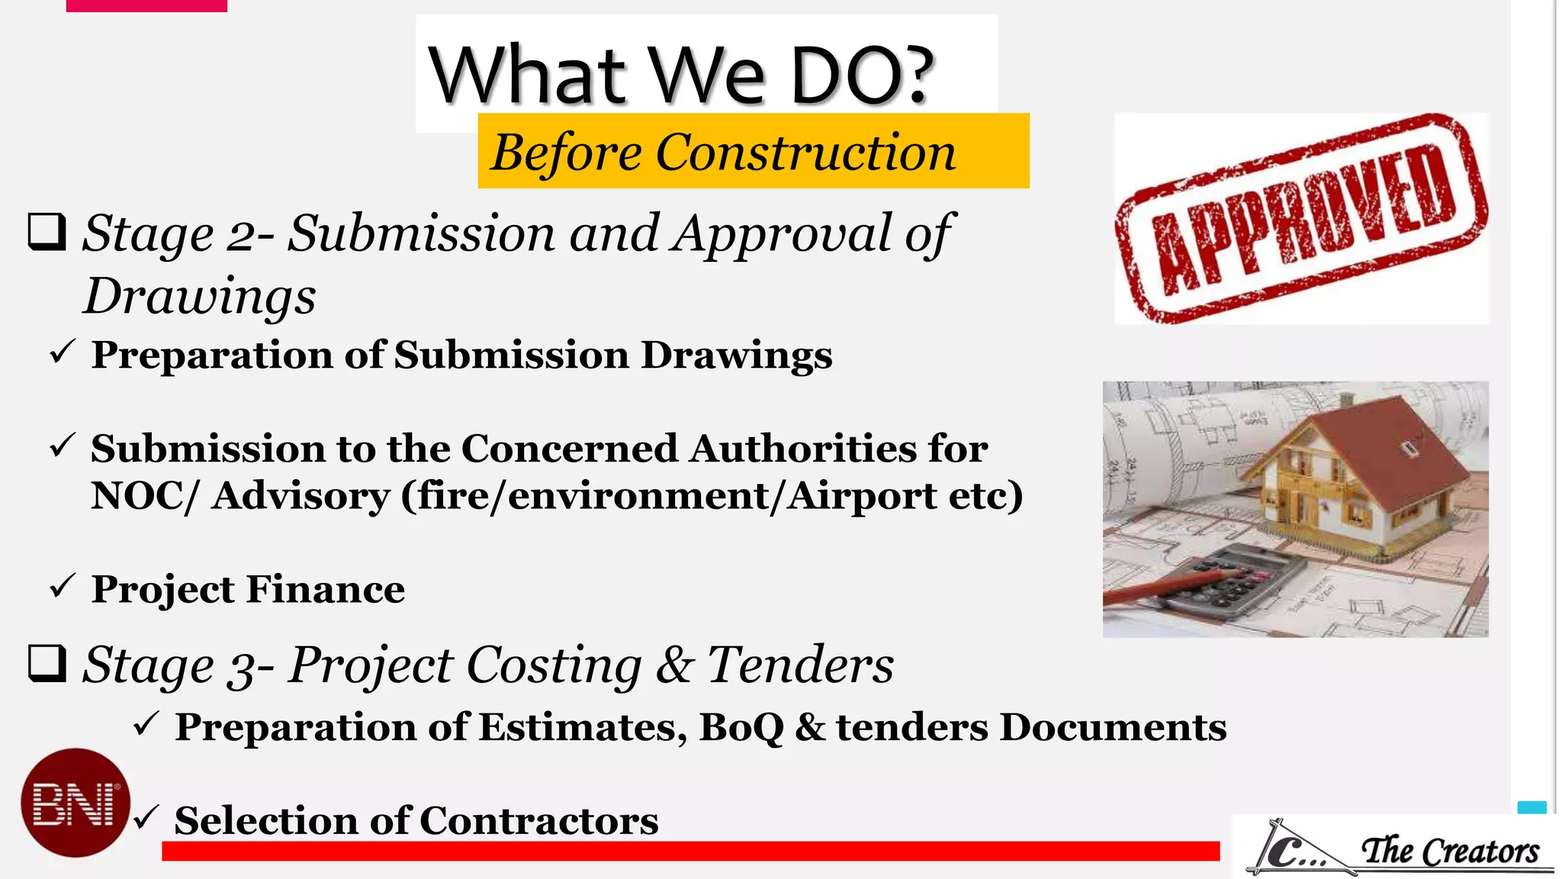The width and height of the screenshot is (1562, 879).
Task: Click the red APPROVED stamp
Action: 1301,219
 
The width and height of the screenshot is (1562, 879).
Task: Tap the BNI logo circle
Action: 75,802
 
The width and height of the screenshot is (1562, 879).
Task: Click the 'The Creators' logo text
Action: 1450,851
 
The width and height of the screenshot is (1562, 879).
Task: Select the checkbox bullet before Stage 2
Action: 47,232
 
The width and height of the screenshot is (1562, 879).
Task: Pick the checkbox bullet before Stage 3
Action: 47,663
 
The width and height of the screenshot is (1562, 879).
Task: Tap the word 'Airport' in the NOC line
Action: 862,496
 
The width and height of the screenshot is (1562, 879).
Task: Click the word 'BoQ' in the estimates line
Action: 741,726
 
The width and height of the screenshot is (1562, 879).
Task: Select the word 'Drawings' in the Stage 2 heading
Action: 200,297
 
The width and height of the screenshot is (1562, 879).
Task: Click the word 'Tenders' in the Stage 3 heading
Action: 800,665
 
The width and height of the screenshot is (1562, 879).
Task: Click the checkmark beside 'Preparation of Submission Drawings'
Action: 62,352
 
